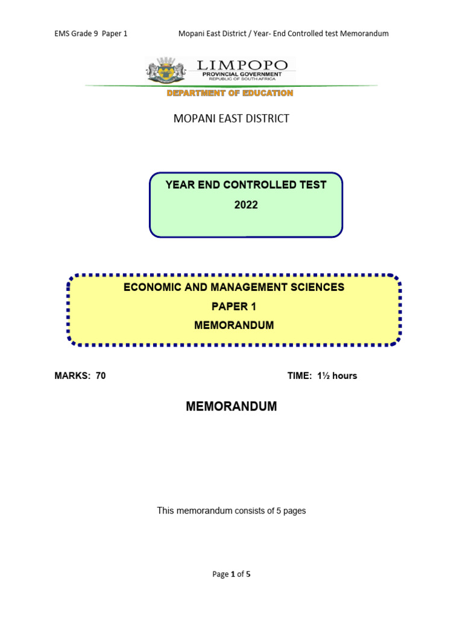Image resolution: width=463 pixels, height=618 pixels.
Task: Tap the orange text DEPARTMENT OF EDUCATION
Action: [x=230, y=93]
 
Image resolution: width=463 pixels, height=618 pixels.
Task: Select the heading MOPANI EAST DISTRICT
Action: [x=231, y=118]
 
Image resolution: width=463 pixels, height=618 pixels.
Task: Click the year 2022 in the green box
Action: [x=246, y=205]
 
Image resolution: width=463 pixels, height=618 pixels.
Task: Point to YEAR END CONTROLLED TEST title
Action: [x=246, y=185]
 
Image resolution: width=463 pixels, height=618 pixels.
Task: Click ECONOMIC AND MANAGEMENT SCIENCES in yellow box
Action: [x=234, y=287]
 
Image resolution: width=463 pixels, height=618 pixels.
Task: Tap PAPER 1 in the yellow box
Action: [x=234, y=307]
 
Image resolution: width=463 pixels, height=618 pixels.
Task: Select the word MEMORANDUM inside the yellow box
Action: [x=234, y=325]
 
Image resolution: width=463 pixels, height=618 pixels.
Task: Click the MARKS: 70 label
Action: [x=80, y=375]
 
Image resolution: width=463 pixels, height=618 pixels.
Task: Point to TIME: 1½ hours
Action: [x=323, y=375]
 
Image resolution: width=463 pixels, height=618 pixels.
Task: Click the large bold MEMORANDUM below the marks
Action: [x=231, y=407]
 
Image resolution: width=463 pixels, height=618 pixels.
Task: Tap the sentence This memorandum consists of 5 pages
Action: [x=231, y=511]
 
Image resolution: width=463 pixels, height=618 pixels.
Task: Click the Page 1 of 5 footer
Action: [x=231, y=574]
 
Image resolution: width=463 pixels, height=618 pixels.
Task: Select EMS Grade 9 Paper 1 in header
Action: [x=90, y=34]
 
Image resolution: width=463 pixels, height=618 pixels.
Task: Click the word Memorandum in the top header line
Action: [x=364, y=34]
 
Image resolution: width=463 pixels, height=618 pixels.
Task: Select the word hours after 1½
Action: [x=345, y=375]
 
